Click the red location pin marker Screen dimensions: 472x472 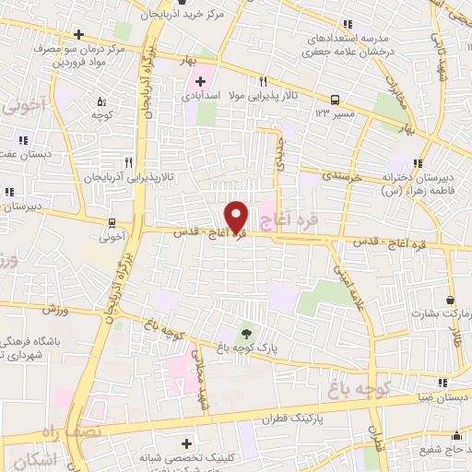pyautogui.click(x=237, y=216)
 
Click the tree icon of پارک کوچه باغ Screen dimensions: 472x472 pyautogui.click(x=246, y=332)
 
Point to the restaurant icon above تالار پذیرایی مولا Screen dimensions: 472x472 pyautogui.click(x=263, y=81)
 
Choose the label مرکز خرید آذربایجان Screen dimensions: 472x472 pyautogui.click(x=180, y=16)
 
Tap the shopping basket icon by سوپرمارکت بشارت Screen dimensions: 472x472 pyautogui.click(x=450, y=300)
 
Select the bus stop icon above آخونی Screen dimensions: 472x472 pyautogui.click(x=112, y=221)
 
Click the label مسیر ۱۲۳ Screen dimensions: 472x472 pyautogui.click(x=336, y=112)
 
